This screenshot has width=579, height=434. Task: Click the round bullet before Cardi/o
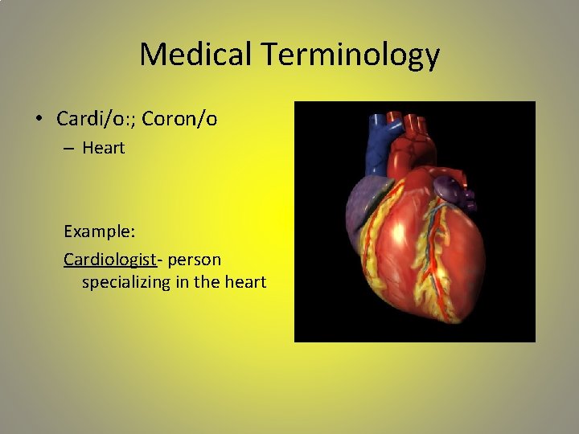(x=39, y=120)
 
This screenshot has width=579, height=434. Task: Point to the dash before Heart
(x=70, y=149)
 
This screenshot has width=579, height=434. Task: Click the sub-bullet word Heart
(x=104, y=149)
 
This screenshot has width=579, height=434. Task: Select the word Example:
(x=100, y=231)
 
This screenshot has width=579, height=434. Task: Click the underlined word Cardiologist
(x=110, y=260)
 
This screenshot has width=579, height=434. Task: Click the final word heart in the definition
(x=244, y=282)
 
